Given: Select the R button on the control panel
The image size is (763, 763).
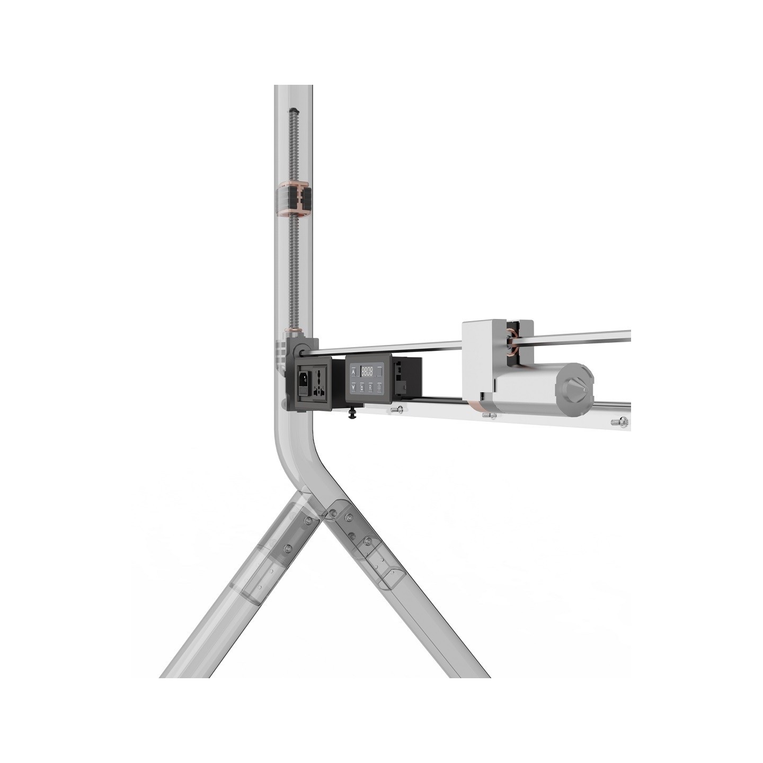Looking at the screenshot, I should pos(369,387).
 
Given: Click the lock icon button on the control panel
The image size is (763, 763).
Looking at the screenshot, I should pos(361,387).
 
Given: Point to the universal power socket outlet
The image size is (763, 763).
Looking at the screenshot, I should pos(318,383).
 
